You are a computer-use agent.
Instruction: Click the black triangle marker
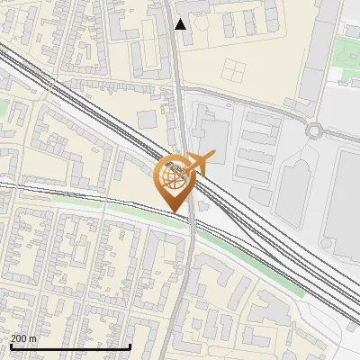tap(181, 23)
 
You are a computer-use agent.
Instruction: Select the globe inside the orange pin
tap(174, 176)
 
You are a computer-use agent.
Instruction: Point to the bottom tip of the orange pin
tap(175, 211)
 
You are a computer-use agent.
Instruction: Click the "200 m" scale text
tap(23, 338)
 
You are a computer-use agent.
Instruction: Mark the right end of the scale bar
tap(130, 346)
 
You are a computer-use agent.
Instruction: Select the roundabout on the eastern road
tap(314, 130)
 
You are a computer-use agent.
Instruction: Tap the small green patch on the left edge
tap(3, 108)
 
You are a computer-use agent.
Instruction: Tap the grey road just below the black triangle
tap(178, 54)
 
